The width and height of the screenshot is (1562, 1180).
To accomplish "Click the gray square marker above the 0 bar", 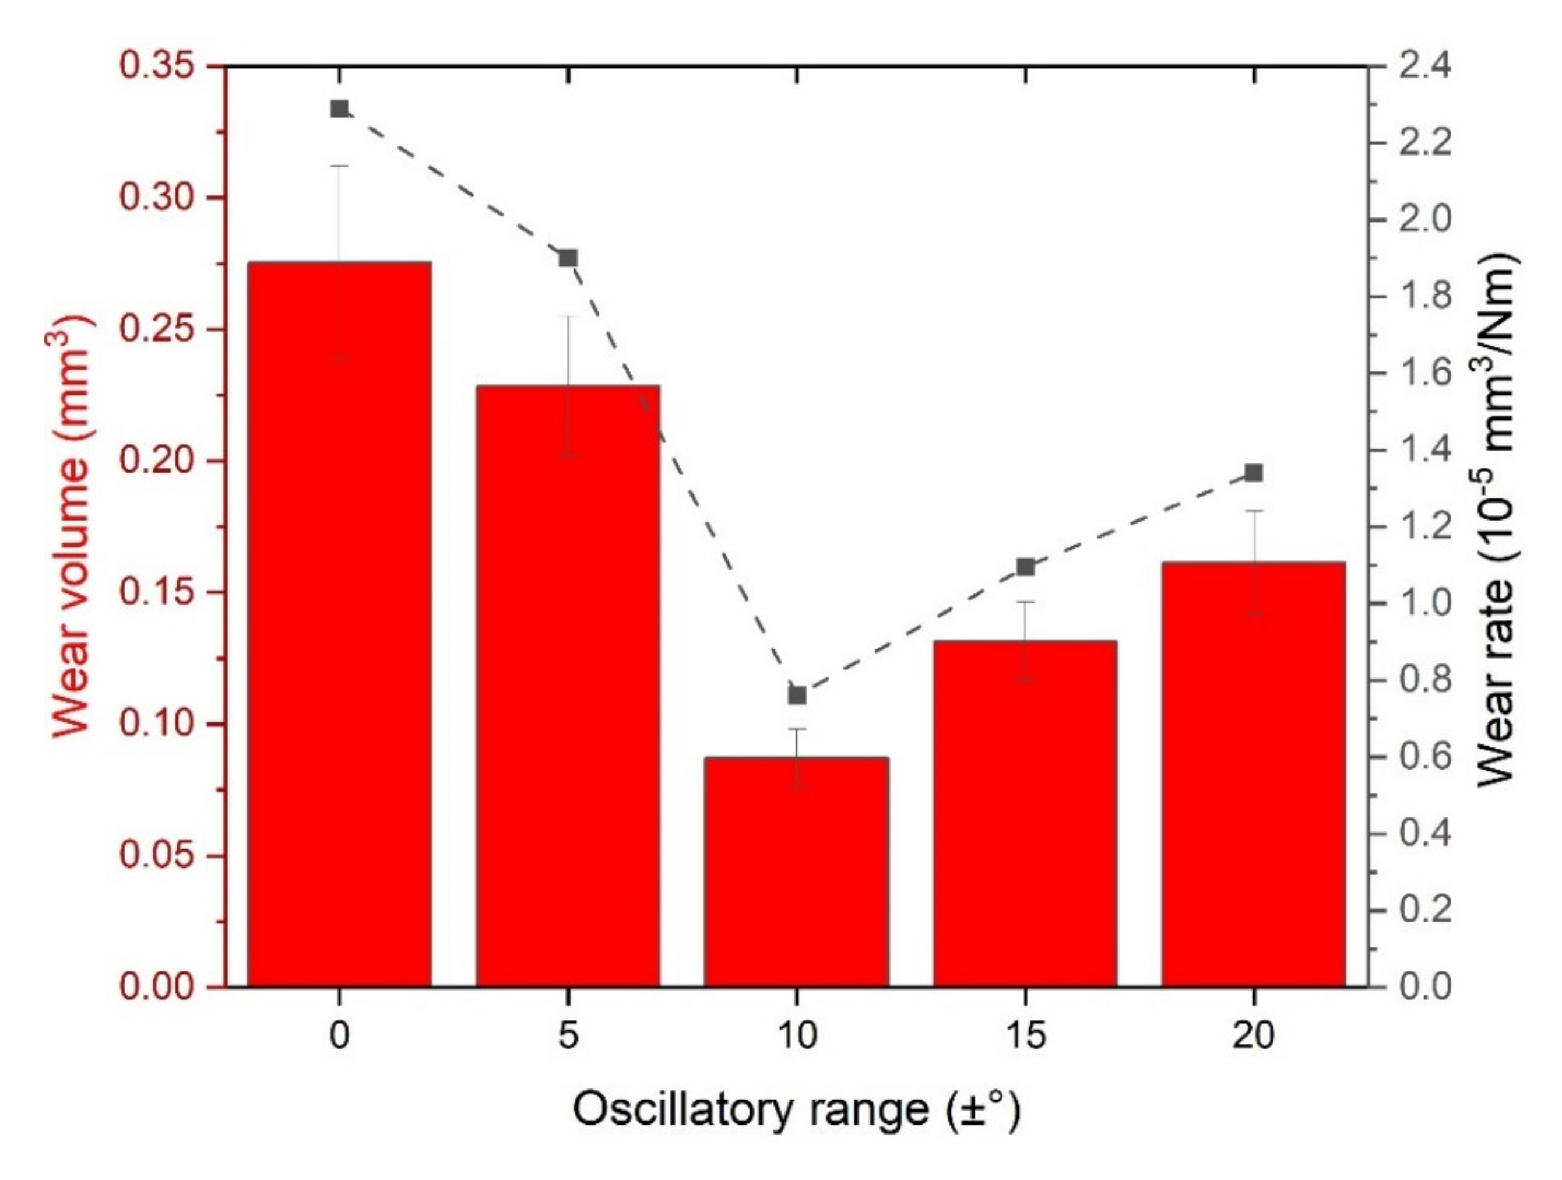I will [x=340, y=109].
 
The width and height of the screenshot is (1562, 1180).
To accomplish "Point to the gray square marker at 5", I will [x=568, y=258].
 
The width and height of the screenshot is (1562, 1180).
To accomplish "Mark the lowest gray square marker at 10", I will [x=797, y=696].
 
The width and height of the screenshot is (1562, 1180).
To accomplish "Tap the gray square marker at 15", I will [x=1026, y=567].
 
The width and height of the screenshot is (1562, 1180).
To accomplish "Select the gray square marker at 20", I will [x=1254, y=472].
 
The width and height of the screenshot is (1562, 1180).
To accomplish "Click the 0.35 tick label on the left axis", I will [x=156, y=66].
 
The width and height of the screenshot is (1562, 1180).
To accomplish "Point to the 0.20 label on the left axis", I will [x=156, y=461].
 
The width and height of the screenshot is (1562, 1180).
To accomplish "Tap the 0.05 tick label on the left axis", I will [x=156, y=855].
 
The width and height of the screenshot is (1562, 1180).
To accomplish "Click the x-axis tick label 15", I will [x=1025, y=1036].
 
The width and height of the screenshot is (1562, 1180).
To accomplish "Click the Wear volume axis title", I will [x=71, y=526].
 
